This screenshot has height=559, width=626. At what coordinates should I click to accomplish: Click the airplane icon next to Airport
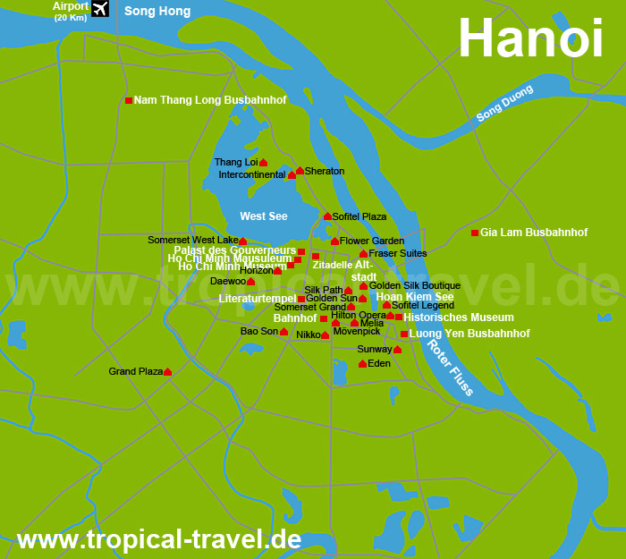click(99, 9)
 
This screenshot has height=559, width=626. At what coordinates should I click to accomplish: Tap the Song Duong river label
click(504, 103)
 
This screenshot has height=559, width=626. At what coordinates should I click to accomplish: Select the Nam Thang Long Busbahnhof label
click(210, 100)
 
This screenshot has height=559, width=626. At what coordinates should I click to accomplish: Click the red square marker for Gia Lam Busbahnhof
click(475, 233)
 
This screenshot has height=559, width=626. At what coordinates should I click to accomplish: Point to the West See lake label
click(264, 216)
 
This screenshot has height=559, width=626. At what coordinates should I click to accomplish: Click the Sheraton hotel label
click(324, 171)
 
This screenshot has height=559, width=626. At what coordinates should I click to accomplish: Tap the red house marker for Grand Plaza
click(167, 371)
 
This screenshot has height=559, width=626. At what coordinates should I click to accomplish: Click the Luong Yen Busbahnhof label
click(469, 334)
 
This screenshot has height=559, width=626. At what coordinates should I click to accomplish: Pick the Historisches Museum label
click(458, 318)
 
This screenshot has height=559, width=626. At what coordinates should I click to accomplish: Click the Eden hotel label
click(379, 363)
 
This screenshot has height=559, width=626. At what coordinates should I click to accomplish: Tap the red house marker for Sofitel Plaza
click(327, 216)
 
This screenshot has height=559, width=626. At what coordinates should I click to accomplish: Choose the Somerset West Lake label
click(192, 240)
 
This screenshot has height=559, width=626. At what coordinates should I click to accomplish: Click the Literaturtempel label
click(257, 298)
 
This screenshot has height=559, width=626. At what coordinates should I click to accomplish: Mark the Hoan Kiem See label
click(414, 296)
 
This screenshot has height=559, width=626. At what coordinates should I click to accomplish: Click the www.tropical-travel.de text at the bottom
click(159, 539)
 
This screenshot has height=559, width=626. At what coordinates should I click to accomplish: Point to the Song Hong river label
click(156, 11)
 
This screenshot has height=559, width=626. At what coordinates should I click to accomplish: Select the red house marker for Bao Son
click(283, 332)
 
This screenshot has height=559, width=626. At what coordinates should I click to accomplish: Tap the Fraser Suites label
click(397, 253)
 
